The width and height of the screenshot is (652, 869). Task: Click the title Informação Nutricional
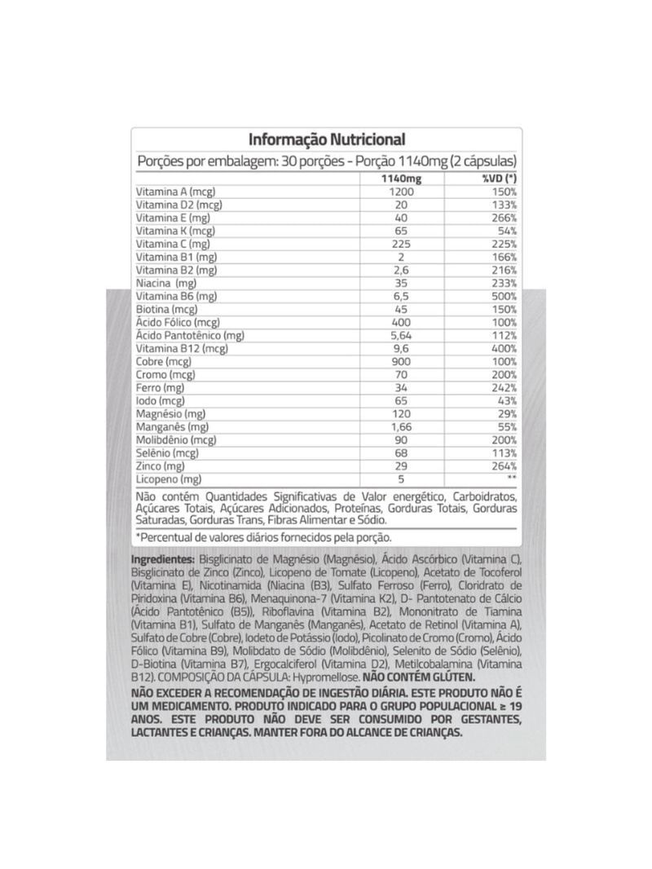326,140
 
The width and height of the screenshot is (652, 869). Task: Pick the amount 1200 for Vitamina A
400,192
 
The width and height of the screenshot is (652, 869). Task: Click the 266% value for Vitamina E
504,218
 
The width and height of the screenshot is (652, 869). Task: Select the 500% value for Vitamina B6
504,296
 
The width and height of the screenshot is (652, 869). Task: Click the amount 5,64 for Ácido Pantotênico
400,335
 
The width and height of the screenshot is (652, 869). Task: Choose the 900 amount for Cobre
400,361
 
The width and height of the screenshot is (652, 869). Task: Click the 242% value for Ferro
504,387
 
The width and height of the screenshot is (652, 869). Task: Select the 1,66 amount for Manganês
400,427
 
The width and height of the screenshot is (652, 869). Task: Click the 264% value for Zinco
504,466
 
